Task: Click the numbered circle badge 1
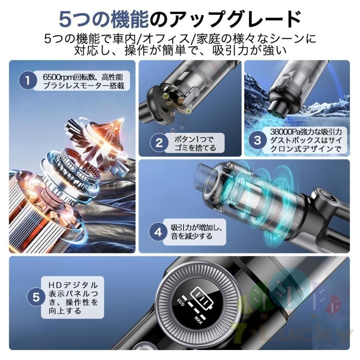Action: point(28,80)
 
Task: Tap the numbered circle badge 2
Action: point(159,143)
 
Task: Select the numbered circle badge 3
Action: point(258,140)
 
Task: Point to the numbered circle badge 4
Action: point(159,232)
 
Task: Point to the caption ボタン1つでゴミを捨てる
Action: point(195,143)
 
